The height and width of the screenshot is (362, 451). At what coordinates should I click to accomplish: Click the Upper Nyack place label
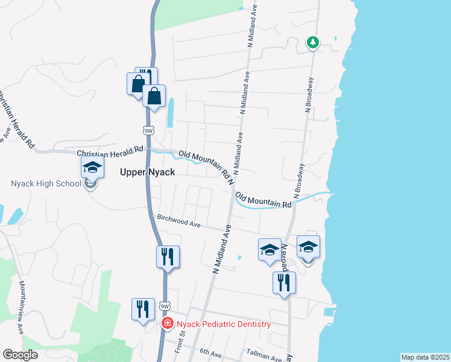pos(148,172)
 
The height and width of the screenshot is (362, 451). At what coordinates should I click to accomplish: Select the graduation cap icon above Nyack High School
pos(92,167)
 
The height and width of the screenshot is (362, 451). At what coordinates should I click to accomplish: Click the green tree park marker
pos(312,42)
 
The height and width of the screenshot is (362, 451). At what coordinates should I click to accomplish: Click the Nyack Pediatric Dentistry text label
pos(224,324)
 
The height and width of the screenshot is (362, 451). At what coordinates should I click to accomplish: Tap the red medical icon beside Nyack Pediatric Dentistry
pos(168,324)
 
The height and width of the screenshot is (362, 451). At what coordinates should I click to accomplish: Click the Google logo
pos(20,355)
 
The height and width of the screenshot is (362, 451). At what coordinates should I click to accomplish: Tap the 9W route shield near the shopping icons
pos(148,130)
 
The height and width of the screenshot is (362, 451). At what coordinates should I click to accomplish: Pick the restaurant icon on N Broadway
pos(283,282)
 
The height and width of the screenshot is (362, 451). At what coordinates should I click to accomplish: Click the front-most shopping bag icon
pos(154,95)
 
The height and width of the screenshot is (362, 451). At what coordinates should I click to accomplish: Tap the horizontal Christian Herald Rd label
pos(110,150)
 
